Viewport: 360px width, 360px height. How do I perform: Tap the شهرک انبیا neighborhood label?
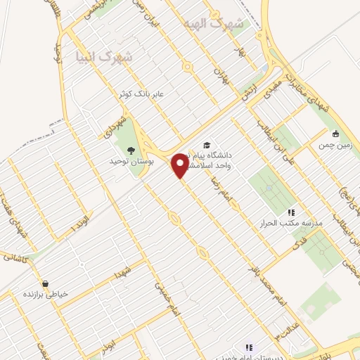pyautogui.click(x=106, y=57)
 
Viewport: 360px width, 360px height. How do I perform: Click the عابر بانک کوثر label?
pyautogui.click(x=144, y=93)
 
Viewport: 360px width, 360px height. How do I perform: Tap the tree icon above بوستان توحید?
pyautogui.click(x=130, y=149)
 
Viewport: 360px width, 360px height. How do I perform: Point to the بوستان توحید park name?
pyautogui.click(x=130, y=162)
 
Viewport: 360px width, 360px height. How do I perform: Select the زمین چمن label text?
pyautogui.click(x=335, y=145)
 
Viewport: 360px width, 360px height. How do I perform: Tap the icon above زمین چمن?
pyautogui.click(x=336, y=134)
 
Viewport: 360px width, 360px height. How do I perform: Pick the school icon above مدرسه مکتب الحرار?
pyautogui.click(x=290, y=212)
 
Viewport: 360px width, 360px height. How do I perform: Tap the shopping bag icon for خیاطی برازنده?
pyautogui.click(x=46, y=284)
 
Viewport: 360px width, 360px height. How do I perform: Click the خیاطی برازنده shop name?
pyautogui.click(x=46, y=295)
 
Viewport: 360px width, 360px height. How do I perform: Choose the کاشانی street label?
pyautogui.click(x=13, y=257)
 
